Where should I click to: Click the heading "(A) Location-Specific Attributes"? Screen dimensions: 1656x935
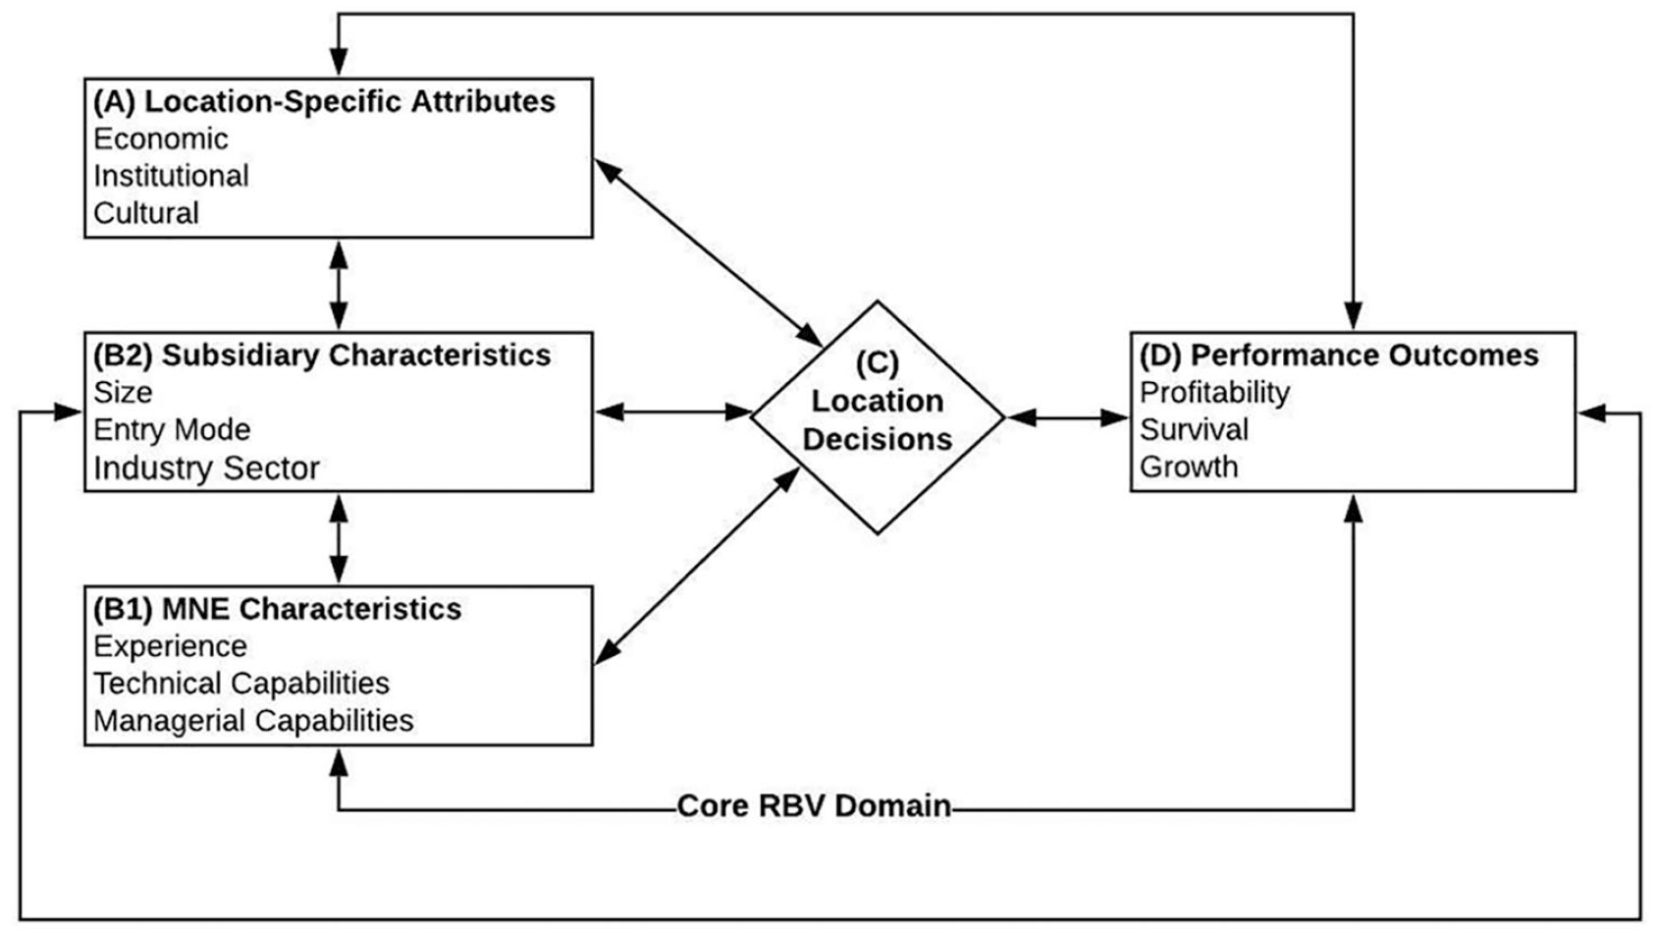click(x=324, y=102)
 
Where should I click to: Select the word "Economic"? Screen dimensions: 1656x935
click(x=160, y=139)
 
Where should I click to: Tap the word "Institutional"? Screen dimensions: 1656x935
click(x=171, y=176)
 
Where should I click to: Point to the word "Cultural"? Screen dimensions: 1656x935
click(x=145, y=213)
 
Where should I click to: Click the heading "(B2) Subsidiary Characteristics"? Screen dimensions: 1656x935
click(x=322, y=356)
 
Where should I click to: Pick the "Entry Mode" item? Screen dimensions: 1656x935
click(x=172, y=430)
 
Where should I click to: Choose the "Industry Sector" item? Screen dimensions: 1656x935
click(x=206, y=468)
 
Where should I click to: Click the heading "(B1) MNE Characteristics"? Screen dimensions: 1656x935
click(x=277, y=610)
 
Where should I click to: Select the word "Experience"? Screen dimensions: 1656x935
click(x=170, y=647)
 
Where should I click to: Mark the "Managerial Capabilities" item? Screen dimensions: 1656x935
click(x=253, y=721)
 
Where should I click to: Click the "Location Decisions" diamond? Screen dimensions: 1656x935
click(x=878, y=417)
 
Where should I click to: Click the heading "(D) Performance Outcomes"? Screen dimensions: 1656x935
click(x=1339, y=356)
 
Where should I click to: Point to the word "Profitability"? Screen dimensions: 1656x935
click(x=1214, y=393)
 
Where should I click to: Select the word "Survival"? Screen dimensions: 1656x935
click(x=1194, y=430)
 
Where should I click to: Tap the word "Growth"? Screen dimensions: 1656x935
click(x=1189, y=467)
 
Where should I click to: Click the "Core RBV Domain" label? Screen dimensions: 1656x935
click(x=814, y=806)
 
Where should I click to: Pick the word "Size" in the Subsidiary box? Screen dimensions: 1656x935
click(x=123, y=393)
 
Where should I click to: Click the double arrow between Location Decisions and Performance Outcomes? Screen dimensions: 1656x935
click(x=1068, y=418)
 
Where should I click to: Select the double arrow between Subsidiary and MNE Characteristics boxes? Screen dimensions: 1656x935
click(x=339, y=538)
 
